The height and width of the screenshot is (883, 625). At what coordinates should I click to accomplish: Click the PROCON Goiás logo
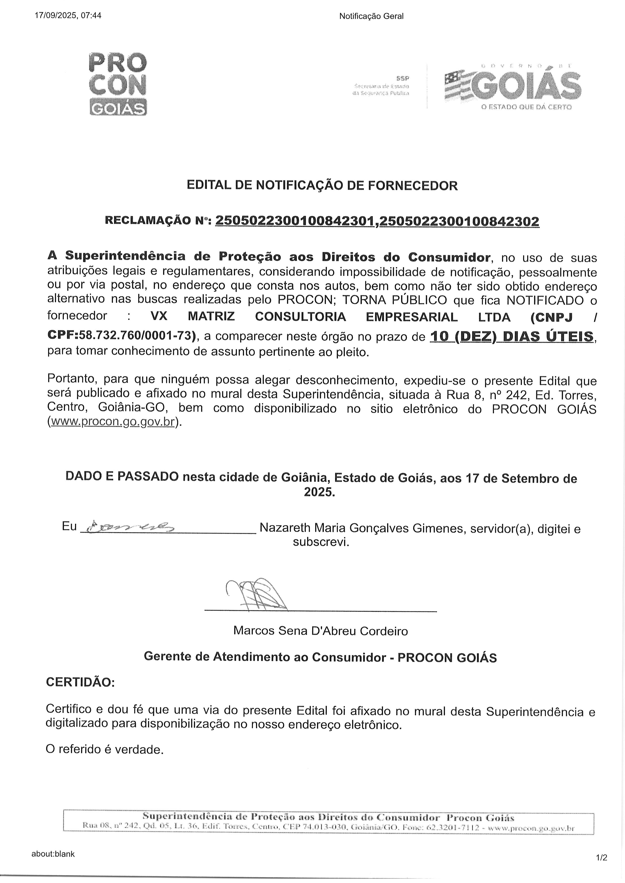[x=118, y=84]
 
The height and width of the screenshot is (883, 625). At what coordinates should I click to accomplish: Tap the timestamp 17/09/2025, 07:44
[x=68, y=16]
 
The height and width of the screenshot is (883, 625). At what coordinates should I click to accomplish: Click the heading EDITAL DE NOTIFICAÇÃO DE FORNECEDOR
[x=322, y=185]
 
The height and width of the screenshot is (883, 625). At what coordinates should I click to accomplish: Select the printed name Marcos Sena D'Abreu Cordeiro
[x=320, y=631]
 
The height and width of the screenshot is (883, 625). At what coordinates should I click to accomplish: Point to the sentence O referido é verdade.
[x=105, y=749]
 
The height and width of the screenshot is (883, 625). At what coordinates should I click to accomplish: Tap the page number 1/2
[x=602, y=858]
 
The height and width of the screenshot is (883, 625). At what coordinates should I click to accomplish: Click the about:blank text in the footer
[x=53, y=854]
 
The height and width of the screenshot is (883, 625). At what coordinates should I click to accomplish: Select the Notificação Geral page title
[x=371, y=16]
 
